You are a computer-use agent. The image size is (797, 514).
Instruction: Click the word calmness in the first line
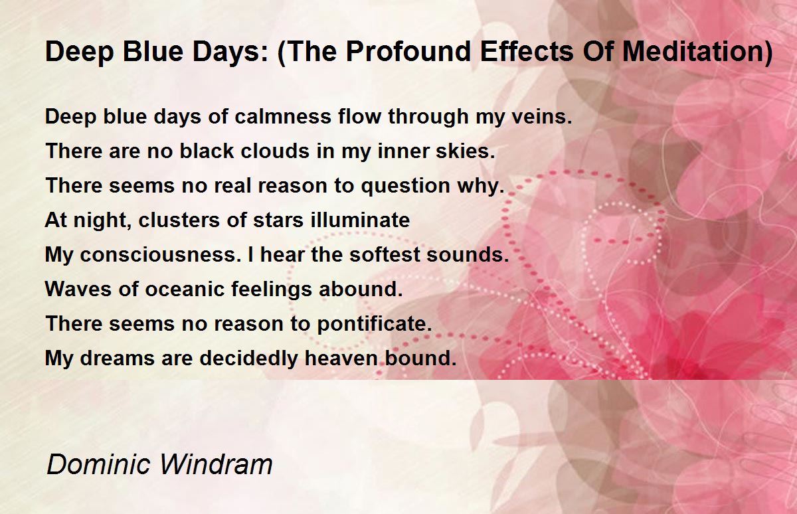click(283, 116)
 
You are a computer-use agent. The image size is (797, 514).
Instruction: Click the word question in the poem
click(406, 187)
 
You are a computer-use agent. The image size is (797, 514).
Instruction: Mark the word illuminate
click(360, 220)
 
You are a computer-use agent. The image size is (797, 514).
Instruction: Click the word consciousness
click(161, 255)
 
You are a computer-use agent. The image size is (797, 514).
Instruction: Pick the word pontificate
click(375, 324)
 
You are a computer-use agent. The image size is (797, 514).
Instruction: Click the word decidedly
click(248, 359)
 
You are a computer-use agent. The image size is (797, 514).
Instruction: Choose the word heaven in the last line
click(341, 358)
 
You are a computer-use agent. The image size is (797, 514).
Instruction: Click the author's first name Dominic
click(98, 464)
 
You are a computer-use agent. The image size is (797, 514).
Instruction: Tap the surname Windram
click(216, 464)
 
